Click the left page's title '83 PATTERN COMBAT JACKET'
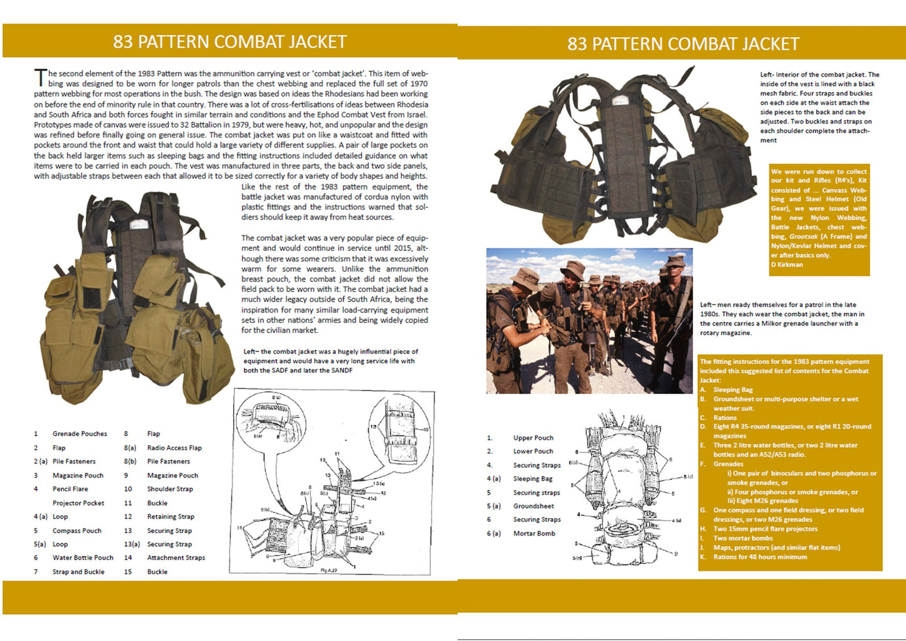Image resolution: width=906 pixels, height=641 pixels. point(229,42)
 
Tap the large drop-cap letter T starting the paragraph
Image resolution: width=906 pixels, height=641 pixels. point(40,78)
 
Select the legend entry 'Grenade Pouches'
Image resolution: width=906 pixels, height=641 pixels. point(80,434)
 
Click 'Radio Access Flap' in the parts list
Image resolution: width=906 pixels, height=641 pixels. point(174,448)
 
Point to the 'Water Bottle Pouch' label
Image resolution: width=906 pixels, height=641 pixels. point(83,558)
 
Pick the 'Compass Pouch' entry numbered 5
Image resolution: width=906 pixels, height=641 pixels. point(76,531)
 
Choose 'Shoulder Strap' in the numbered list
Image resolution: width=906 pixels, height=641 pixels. point(170,489)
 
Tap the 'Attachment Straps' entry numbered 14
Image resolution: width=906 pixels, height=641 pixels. point(176,558)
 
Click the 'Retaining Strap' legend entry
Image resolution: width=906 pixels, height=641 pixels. point(171,517)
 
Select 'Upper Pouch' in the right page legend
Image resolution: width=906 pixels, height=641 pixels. point(533,438)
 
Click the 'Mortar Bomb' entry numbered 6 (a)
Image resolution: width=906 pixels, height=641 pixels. point(534,534)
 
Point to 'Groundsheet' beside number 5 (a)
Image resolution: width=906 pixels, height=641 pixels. point(534,506)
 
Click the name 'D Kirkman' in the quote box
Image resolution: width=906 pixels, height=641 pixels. point(786,265)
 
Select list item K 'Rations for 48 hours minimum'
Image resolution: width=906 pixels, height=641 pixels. point(760,557)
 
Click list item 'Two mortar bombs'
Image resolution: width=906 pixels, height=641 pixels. point(743,538)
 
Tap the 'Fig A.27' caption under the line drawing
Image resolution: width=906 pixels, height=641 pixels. point(329,570)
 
